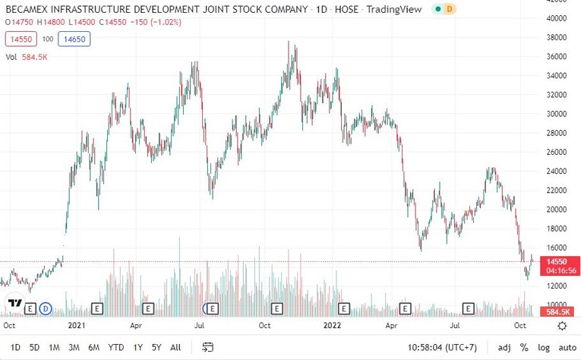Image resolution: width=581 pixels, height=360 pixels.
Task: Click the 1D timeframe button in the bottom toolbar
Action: pyautogui.click(x=15, y=347)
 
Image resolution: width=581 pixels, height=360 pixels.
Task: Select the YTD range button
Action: pyautogui.click(x=116, y=347)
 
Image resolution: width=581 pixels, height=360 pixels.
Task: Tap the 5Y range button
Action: pyautogui.click(x=156, y=347)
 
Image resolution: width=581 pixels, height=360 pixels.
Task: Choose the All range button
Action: pyautogui.click(x=175, y=347)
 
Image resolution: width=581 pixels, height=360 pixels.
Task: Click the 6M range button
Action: pyautogui.click(x=93, y=347)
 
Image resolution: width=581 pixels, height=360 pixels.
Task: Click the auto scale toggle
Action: pyautogui.click(x=563, y=347)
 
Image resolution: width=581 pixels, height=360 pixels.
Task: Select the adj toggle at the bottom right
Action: pyautogui.click(x=504, y=347)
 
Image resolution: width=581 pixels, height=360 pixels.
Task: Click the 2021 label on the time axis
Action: pyautogui.click(x=77, y=325)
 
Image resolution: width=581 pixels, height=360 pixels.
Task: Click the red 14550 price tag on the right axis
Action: pyautogui.click(x=557, y=261)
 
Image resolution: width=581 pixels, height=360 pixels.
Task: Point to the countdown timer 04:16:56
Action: pyautogui.click(x=557, y=270)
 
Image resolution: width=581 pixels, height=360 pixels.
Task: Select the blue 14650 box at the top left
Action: pyautogui.click(x=74, y=39)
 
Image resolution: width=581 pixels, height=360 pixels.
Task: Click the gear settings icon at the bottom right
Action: pyautogui.click(x=562, y=325)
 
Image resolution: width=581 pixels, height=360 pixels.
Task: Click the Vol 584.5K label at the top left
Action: pyautogui.click(x=27, y=56)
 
